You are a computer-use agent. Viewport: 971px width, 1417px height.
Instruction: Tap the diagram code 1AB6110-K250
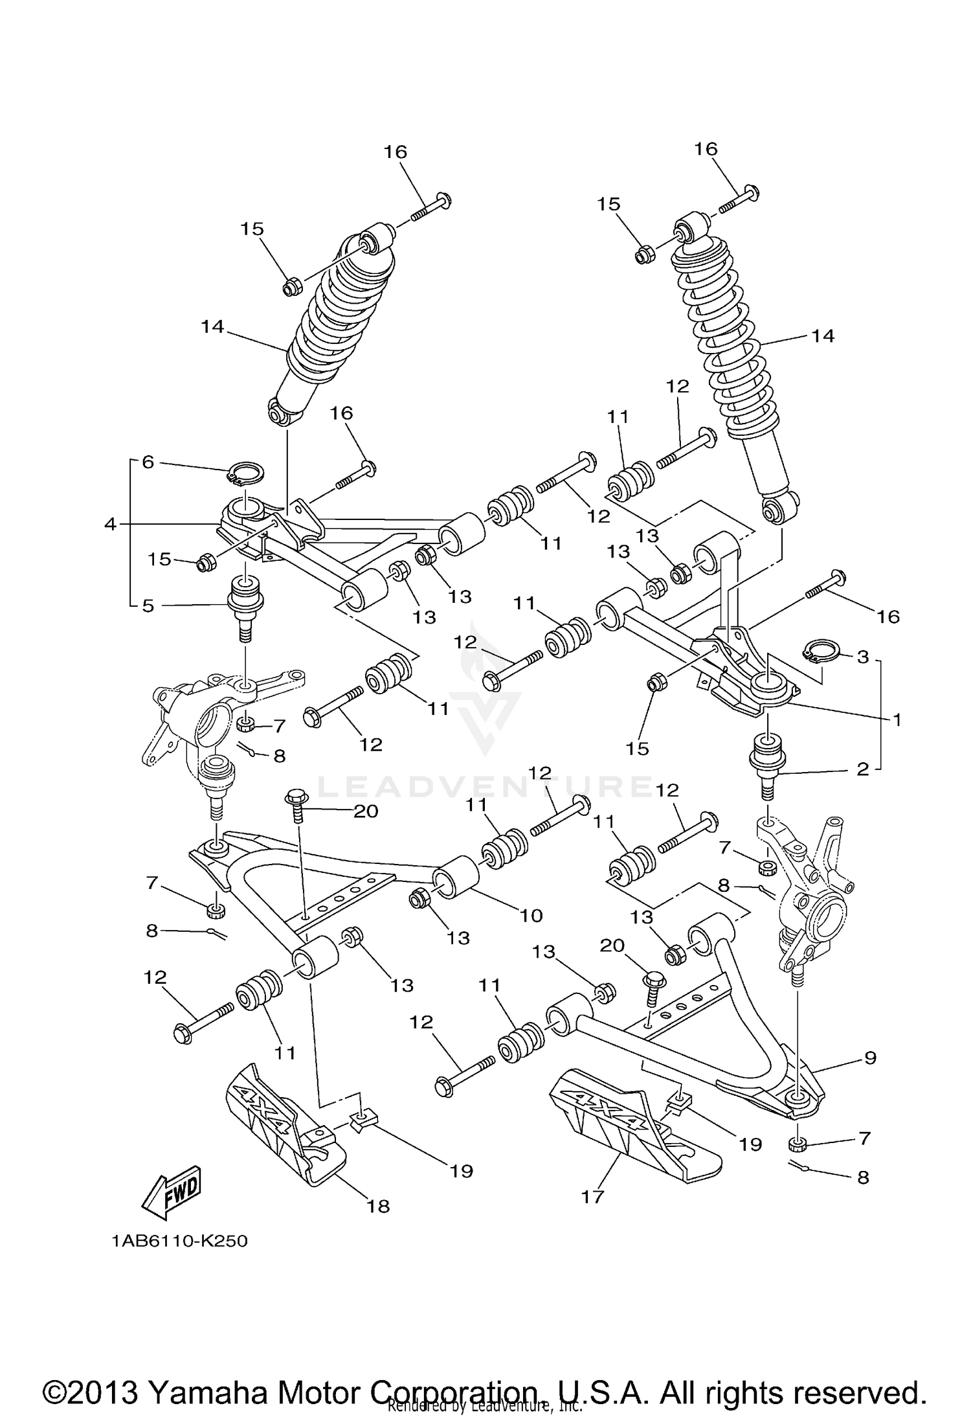tap(179, 1241)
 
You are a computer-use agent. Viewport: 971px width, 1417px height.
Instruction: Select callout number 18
tap(379, 1206)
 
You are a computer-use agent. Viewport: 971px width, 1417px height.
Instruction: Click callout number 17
tap(592, 1197)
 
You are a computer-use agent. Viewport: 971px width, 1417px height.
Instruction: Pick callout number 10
tap(531, 915)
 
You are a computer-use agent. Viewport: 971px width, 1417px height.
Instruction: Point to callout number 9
tap(870, 1058)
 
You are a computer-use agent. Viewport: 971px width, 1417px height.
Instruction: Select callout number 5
tap(148, 606)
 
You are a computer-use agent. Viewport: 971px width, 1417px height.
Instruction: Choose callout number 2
tap(862, 770)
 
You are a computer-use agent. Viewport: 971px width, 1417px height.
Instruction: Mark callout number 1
tap(897, 719)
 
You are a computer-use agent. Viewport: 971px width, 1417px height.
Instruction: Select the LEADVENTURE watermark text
tap(485, 788)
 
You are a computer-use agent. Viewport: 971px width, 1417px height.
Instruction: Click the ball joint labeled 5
tap(246, 599)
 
